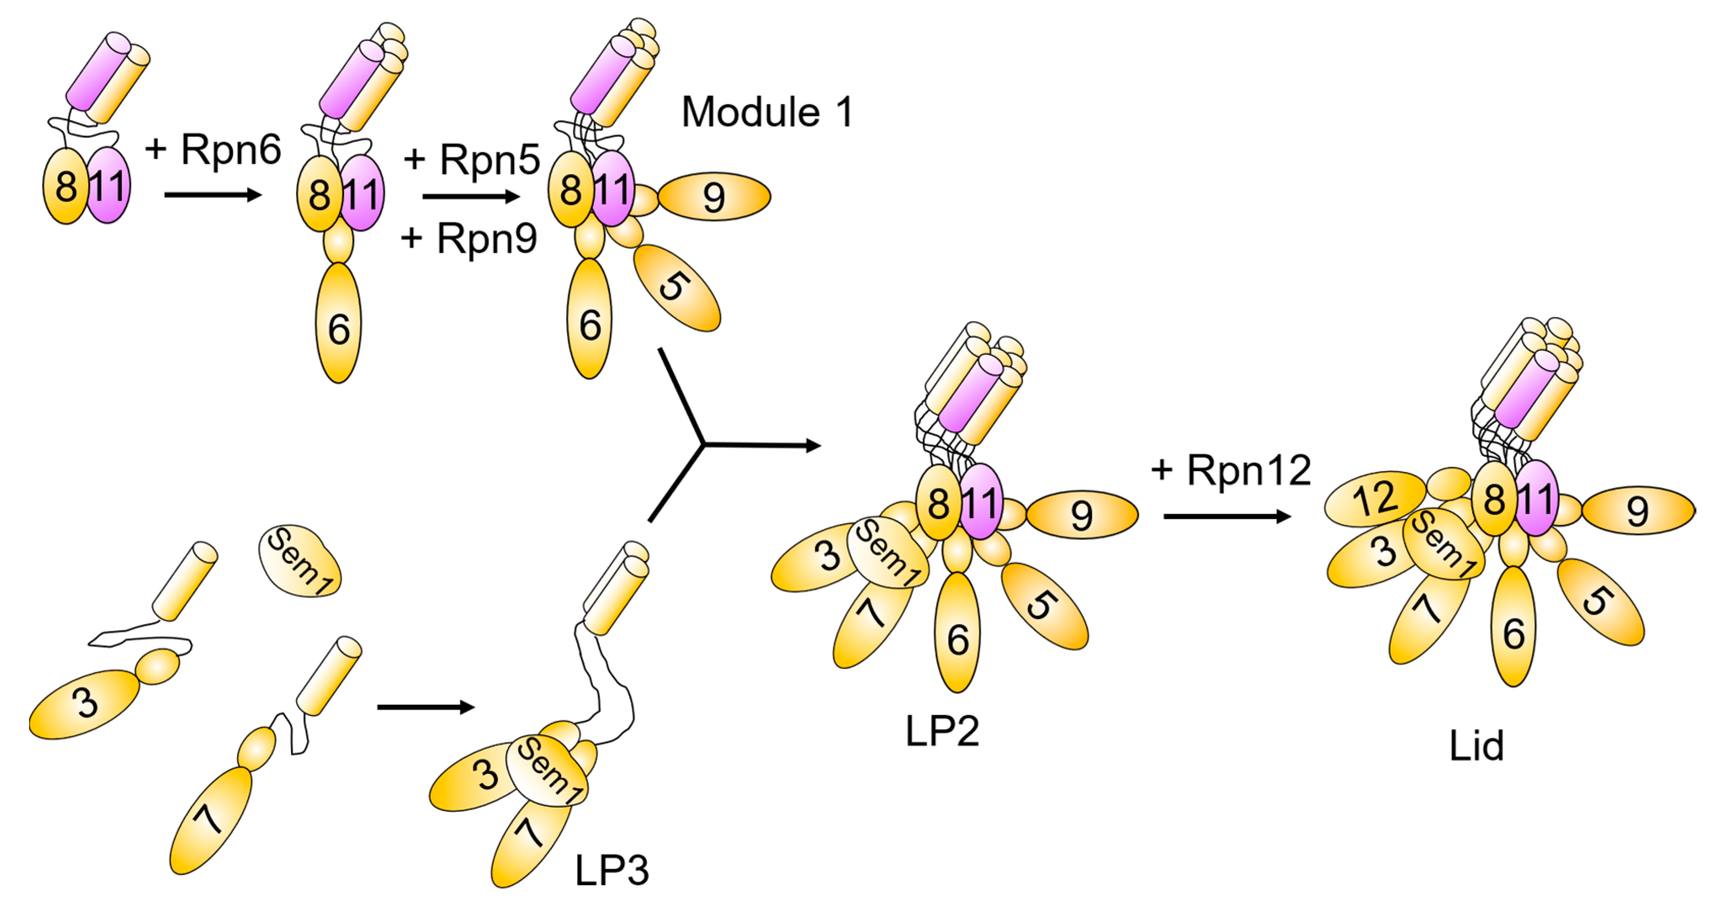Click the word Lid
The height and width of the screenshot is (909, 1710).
1476,746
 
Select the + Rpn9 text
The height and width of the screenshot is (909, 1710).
469,237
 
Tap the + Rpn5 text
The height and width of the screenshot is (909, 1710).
472,159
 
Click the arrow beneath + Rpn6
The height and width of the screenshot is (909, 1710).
212,195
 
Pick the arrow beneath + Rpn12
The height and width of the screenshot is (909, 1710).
1227,516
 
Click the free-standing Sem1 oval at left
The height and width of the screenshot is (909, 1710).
300,561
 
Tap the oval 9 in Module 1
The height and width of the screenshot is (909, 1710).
714,197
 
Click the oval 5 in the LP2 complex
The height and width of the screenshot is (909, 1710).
1044,605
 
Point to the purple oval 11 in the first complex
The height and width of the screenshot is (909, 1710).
108,186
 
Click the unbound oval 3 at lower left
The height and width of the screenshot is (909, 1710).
85,703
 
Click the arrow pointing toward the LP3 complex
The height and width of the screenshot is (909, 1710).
425,707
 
